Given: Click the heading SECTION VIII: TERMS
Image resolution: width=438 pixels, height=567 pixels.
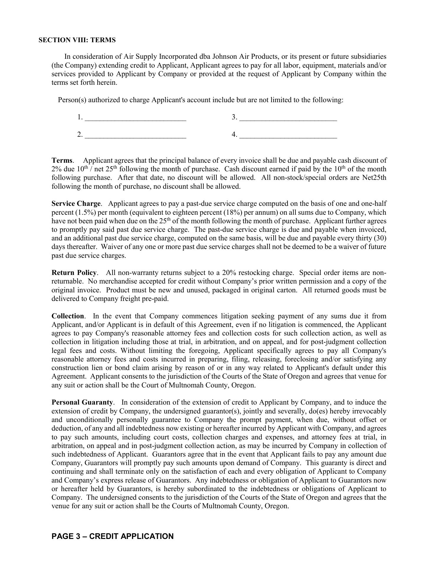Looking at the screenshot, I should click(x=77, y=40).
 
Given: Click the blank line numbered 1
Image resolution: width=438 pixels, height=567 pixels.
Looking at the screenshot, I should click(x=135, y=118).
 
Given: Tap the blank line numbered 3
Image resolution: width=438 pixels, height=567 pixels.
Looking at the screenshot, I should click(x=288, y=118).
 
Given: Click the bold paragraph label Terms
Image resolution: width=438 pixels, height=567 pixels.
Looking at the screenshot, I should click(x=62, y=161).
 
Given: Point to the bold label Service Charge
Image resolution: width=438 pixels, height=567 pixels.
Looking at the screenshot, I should click(x=76, y=204).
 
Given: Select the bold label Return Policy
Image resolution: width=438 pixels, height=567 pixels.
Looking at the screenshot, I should click(x=74, y=273).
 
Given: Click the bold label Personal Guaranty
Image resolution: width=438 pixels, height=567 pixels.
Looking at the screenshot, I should click(x=82, y=403).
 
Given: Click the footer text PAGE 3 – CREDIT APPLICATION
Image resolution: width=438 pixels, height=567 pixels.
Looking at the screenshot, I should click(x=112, y=536).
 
